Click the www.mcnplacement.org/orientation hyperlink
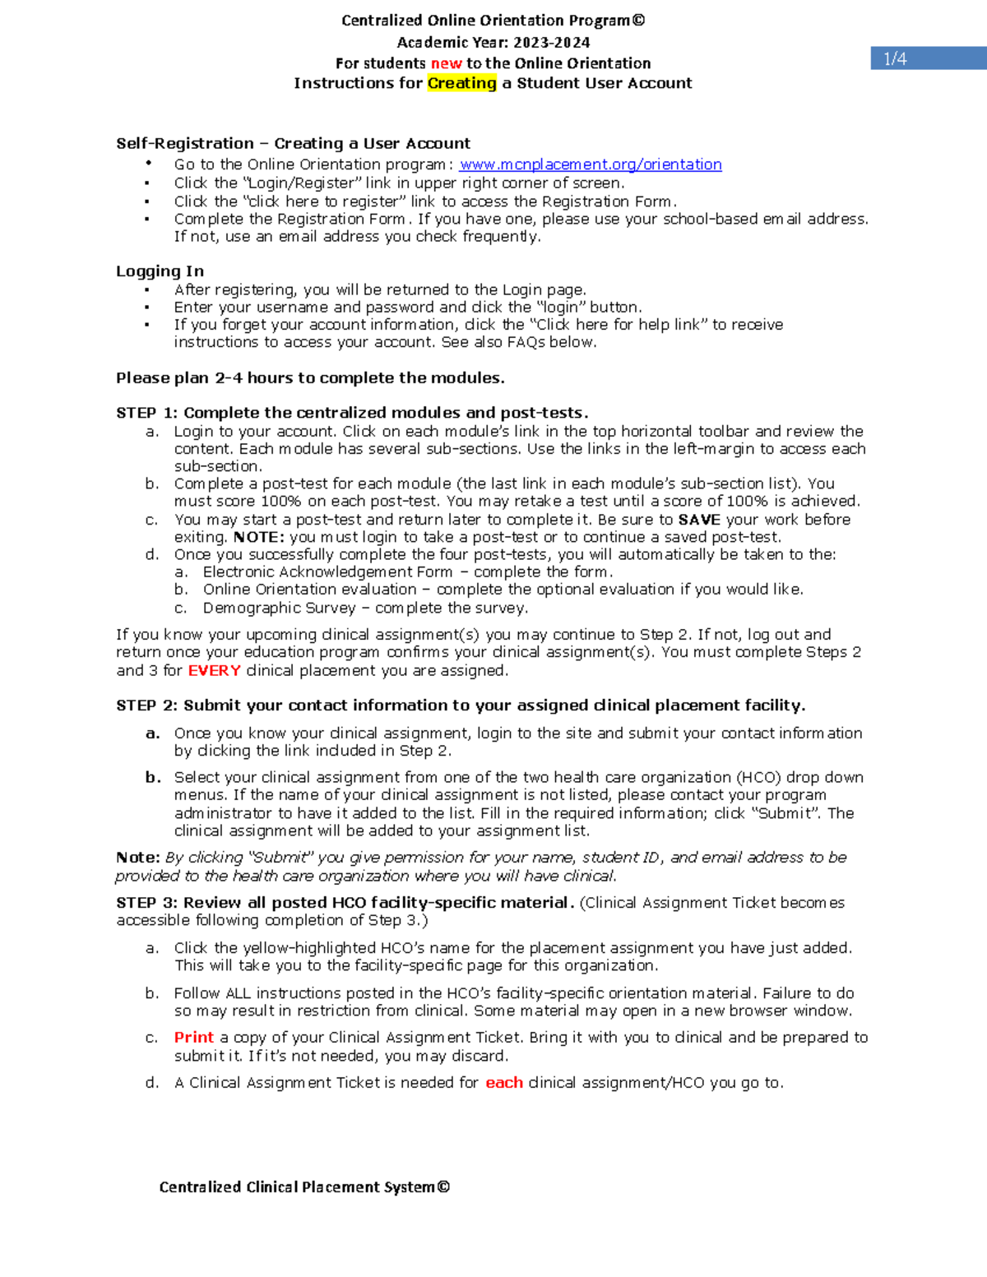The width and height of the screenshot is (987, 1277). point(591,164)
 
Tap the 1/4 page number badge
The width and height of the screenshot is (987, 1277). point(895,58)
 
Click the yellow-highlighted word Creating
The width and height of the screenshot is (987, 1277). point(461,83)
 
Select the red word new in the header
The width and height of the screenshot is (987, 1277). point(446,63)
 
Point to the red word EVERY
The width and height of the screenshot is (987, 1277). point(214,670)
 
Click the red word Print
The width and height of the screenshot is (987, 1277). point(193,1037)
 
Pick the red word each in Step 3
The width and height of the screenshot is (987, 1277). point(503,1082)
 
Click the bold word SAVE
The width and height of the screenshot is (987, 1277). point(699,520)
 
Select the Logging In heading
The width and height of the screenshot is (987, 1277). point(160,271)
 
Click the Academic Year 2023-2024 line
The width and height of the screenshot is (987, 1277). point(493,42)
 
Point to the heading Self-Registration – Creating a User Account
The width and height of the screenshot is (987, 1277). point(293,143)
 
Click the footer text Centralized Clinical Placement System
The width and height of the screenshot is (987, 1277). point(304,1187)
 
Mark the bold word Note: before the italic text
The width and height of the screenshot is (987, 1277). point(137,857)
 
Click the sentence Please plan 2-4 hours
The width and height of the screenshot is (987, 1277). point(310,377)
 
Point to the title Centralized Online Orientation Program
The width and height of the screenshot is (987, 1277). point(493,21)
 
